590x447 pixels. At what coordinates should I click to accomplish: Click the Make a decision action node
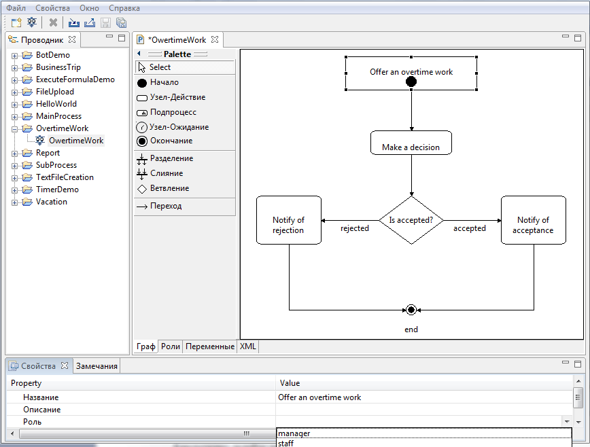[411, 143]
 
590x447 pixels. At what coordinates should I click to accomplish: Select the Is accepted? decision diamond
[411, 220]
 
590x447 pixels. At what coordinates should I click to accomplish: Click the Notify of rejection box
[288, 220]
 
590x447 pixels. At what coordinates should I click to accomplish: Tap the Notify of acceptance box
[534, 220]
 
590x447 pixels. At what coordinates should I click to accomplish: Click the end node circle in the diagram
[411, 310]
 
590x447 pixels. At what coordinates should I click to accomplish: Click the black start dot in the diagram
[411, 82]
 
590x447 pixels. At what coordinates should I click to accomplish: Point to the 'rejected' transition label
[355, 229]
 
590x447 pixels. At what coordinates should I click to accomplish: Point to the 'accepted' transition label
[469, 229]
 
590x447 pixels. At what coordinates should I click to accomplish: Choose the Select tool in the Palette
[160, 67]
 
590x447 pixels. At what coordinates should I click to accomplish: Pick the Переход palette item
[165, 206]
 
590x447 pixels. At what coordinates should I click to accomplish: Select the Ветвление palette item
[169, 188]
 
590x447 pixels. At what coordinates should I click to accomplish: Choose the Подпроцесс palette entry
[173, 112]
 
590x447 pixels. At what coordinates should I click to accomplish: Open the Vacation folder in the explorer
[51, 202]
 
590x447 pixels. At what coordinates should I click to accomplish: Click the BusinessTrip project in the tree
[58, 67]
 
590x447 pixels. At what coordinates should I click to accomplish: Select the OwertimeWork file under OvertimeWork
[75, 141]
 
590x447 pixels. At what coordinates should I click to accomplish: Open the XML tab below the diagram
[247, 346]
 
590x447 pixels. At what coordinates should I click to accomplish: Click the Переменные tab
[210, 346]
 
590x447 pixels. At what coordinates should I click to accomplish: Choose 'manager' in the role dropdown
[294, 433]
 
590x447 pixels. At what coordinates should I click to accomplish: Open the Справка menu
[124, 8]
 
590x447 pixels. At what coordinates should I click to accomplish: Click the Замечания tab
[97, 366]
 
